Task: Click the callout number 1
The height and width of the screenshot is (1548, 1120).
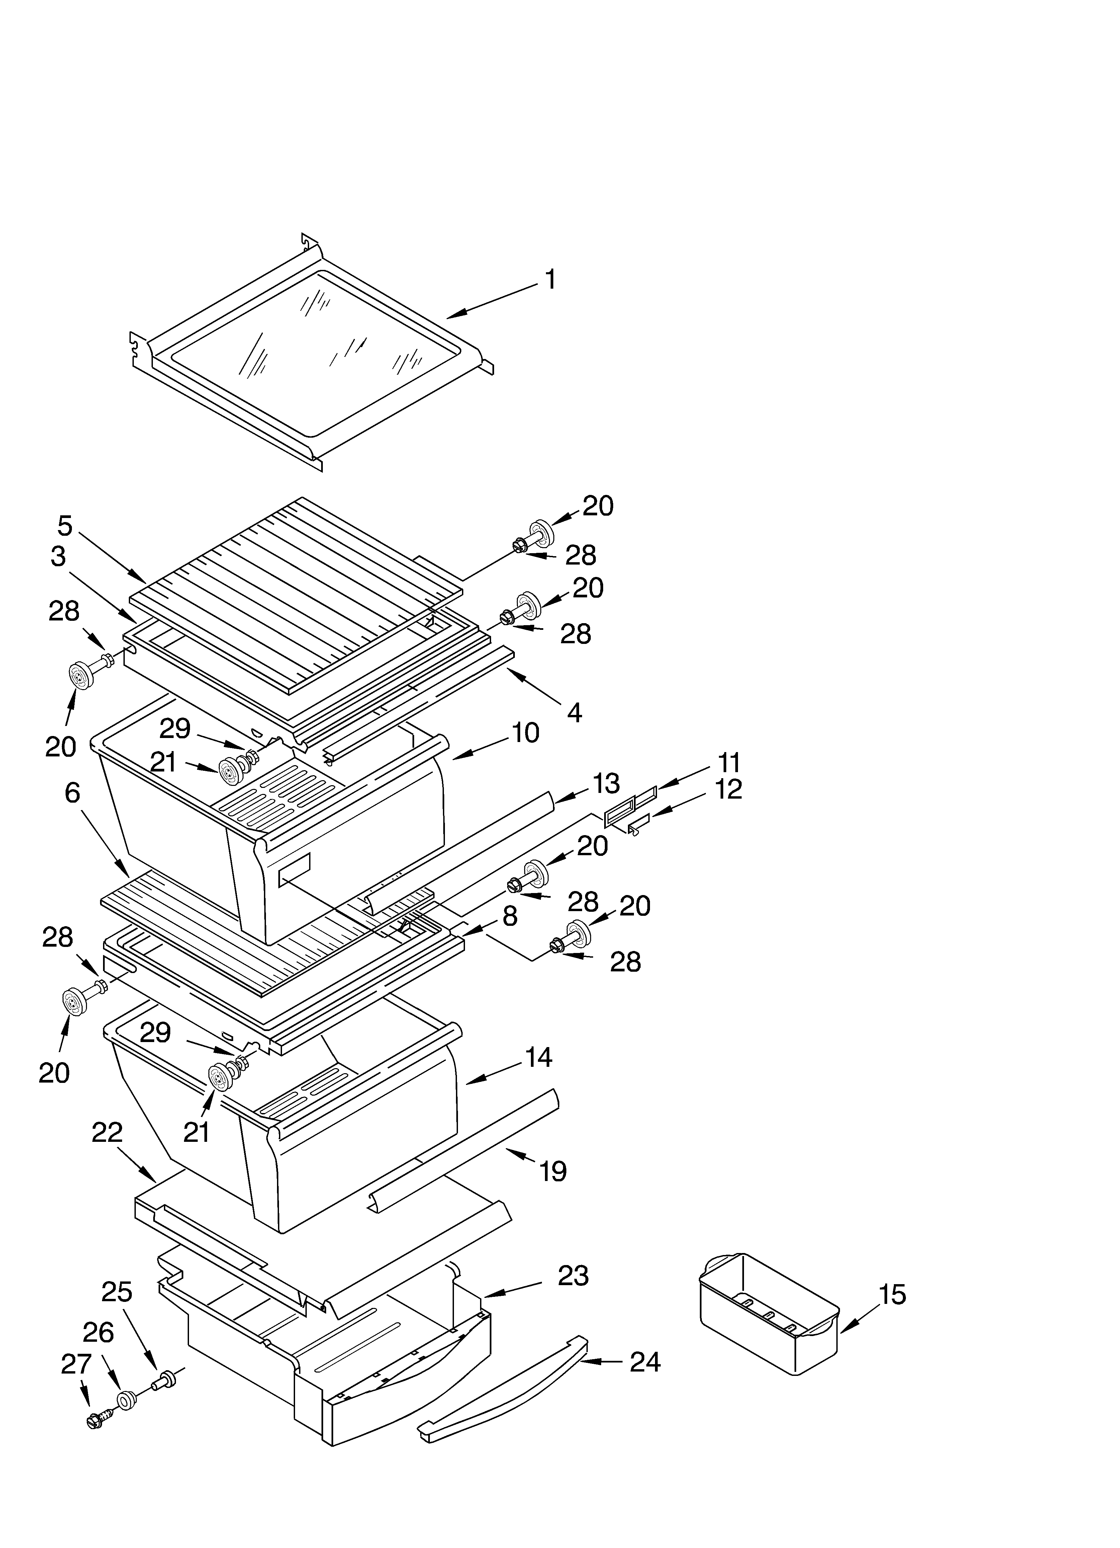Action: point(550,280)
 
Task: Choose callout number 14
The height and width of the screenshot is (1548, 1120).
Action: point(539,1058)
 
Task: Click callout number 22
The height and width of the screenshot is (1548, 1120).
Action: point(107,1132)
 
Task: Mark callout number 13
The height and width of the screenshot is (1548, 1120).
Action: point(606,784)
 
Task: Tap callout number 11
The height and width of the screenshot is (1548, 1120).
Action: point(729,762)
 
